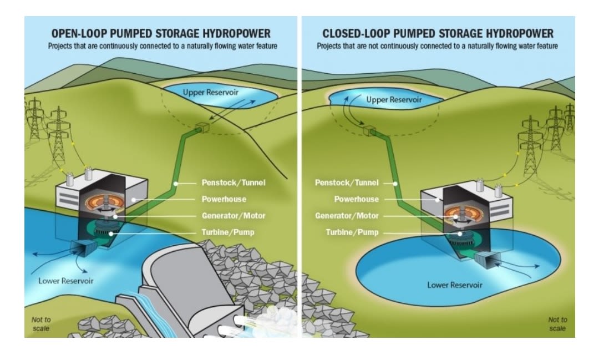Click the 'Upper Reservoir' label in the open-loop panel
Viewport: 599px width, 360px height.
210,92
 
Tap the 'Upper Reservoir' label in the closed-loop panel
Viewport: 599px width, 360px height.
394,100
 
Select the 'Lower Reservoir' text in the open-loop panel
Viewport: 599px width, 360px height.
66,281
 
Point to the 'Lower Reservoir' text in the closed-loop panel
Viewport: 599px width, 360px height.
455,285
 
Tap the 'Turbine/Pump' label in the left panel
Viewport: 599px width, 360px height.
228,232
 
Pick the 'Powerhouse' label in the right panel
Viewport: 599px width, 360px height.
356,199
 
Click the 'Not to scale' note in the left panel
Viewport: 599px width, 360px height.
40,324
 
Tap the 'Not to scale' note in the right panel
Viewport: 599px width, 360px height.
557,324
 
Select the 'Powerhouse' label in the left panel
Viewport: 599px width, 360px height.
221,199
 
